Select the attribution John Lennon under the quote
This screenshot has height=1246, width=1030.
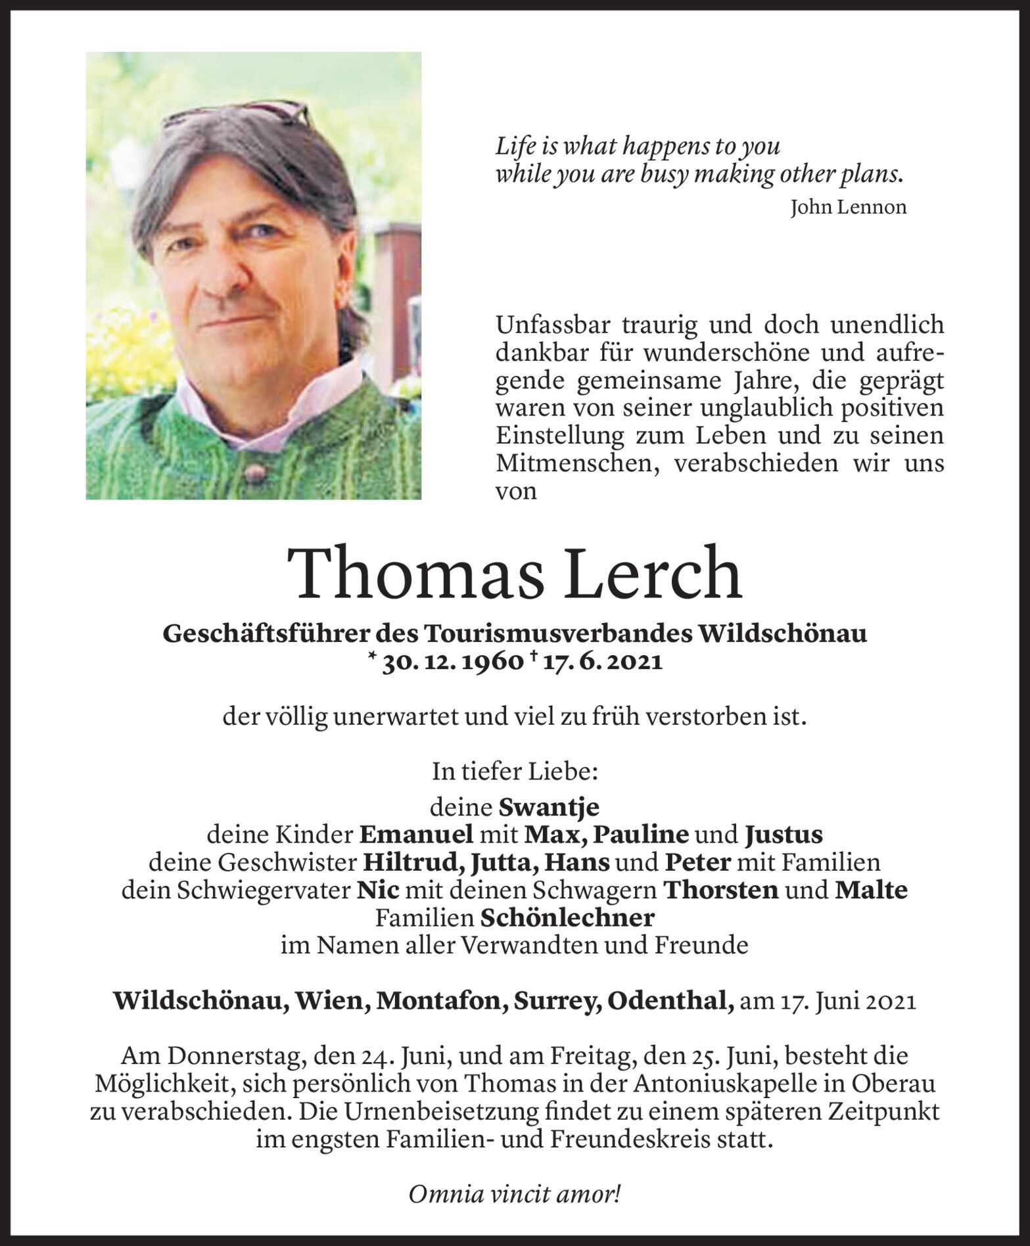coord(848,208)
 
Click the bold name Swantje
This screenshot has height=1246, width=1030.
coord(549,806)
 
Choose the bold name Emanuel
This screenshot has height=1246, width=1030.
coord(417,835)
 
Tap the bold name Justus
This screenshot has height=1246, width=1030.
coord(784,835)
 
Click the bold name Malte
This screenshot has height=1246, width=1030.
coord(871,890)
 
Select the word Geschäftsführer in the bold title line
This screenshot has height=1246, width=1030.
coord(264,634)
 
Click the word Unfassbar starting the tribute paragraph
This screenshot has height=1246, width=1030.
coord(554,325)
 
